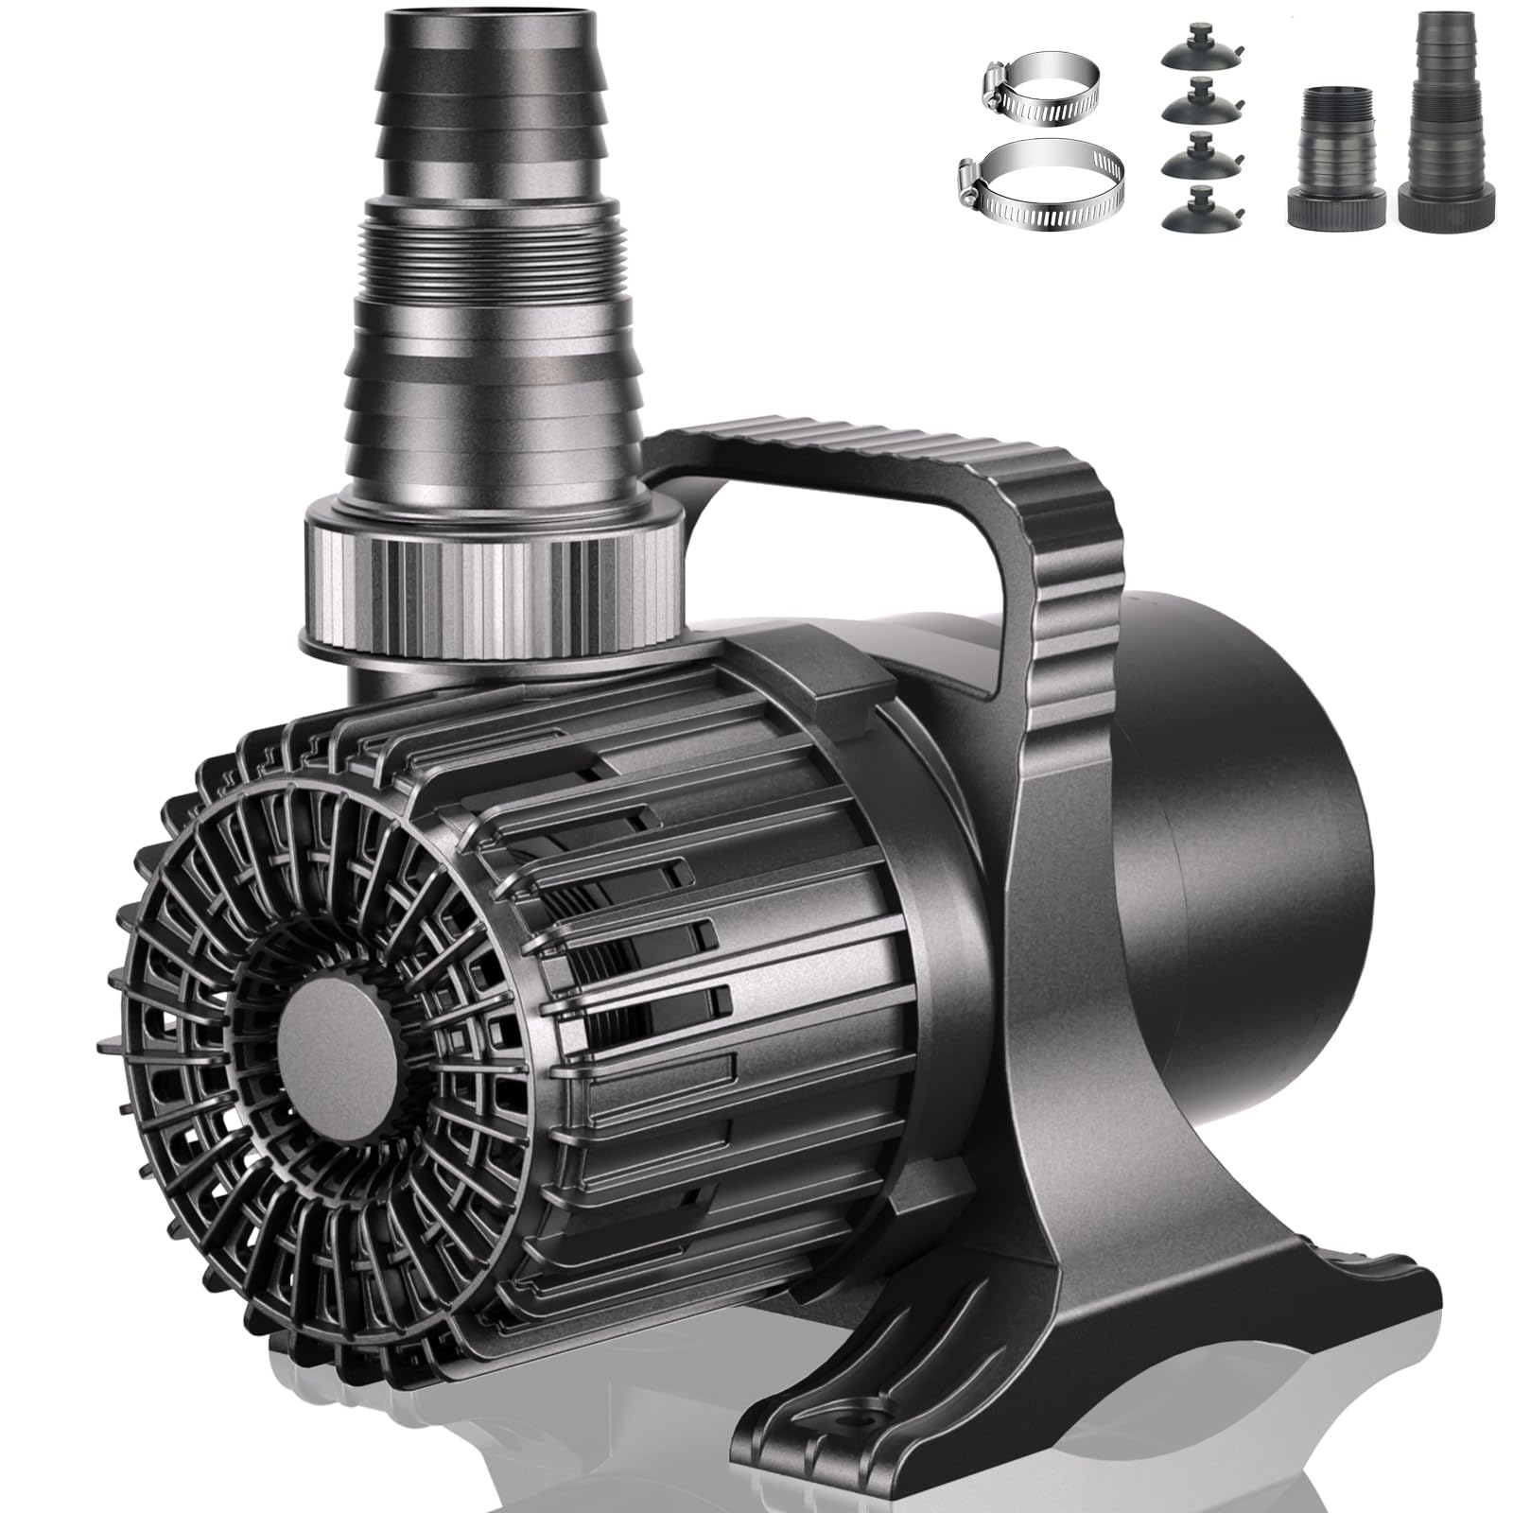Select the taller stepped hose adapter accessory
pos(1447,123)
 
